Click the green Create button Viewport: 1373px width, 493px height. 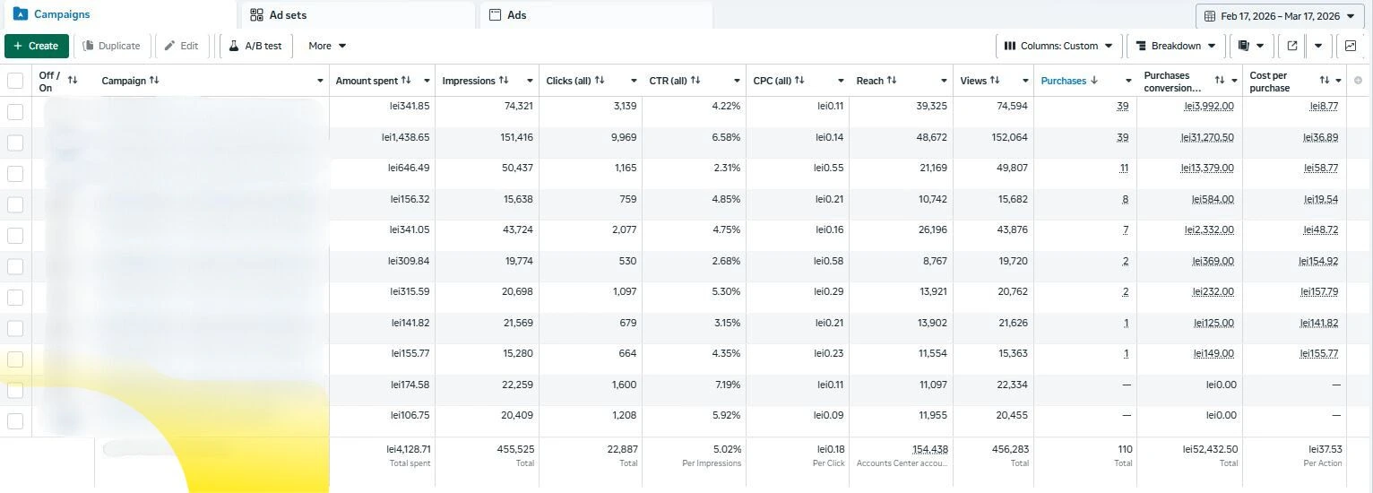tap(37, 46)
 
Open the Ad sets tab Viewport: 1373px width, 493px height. tap(288, 15)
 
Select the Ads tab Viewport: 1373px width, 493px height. tap(516, 15)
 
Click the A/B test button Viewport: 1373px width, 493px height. tap(255, 46)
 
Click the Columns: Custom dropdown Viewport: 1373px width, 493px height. tap(1058, 46)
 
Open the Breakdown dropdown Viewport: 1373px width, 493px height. tap(1175, 46)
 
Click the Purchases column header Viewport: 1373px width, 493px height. tap(1064, 81)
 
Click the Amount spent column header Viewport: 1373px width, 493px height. tap(367, 81)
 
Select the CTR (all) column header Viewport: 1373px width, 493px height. tap(668, 81)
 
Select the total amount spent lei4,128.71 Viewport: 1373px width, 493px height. tap(408, 449)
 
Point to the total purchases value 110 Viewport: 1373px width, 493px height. tap(1125, 449)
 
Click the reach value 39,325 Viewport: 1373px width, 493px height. tap(928, 106)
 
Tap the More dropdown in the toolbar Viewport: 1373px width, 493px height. tap(327, 46)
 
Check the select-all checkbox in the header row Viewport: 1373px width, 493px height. tap(15, 81)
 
